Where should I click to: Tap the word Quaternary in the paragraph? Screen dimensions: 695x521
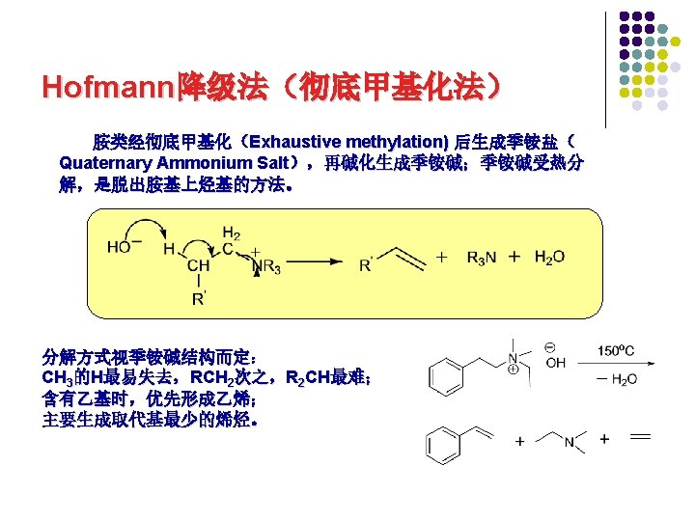click(105, 162)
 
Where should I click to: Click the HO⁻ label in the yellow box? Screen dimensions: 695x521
click(121, 246)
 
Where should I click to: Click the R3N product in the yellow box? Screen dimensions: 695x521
click(483, 257)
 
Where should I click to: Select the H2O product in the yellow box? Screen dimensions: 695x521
click(549, 257)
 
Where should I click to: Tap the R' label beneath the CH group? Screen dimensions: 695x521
click(198, 298)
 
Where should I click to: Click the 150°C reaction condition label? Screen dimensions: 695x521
click(617, 351)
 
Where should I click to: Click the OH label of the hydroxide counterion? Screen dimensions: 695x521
click(555, 364)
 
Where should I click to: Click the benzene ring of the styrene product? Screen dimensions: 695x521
click(445, 445)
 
